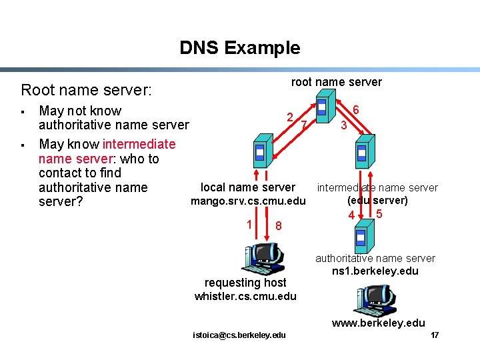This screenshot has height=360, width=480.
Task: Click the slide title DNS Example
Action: [x=239, y=48]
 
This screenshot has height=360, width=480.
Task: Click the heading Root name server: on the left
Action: [x=87, y=89]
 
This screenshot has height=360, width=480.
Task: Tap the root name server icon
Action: [x=323, y=109]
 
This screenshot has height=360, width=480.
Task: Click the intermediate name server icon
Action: [x=362, y=153]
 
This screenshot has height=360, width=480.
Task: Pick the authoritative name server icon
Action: [x=361, y=237]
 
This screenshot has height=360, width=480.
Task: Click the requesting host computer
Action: [x=265, y=259]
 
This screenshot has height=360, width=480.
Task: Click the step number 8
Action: [x=279, y=227]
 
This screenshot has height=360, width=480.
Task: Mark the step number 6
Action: [x=356, y=110]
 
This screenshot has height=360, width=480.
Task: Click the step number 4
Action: [x=351, y=215]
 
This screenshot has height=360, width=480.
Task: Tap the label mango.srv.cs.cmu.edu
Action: [x=248, y=201]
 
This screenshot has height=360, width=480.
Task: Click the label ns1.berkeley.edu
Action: [x=375, y=271]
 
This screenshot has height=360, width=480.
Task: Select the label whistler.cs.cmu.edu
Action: [x=245, y=296]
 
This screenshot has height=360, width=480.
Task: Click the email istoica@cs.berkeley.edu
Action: [x=239, y=335]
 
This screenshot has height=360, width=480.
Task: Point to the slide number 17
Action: [x=435, y=335]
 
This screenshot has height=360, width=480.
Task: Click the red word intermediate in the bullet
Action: [x=139, y=144]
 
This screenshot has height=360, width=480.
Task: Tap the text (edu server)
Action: [x=377, y=200]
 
